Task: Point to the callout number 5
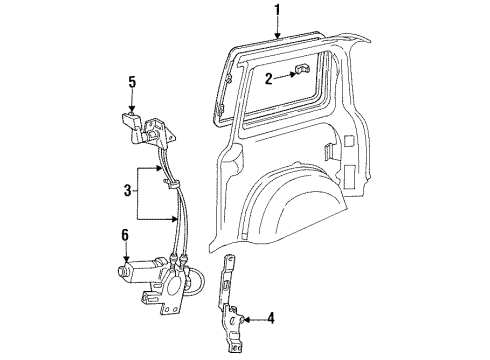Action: point(131,82)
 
